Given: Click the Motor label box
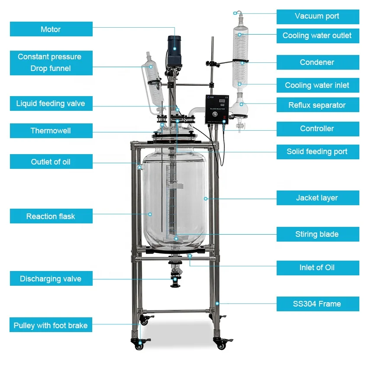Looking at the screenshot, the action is coord(51,29).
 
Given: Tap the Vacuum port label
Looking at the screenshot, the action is coord(318,16).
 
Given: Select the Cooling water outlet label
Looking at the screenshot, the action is coord(318,36).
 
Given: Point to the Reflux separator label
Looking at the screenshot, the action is coord(318,105).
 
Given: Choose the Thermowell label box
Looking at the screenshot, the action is coord(51,131).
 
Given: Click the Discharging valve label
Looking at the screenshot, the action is coord(51,278).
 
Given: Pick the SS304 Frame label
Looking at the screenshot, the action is coord(318,304).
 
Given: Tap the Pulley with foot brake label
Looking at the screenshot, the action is coord(51,325).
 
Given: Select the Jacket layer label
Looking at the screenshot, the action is coord(318,198).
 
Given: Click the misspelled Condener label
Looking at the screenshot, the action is coord(318,62).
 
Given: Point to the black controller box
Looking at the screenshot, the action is coord(217,110).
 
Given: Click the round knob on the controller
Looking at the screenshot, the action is coord(214,114).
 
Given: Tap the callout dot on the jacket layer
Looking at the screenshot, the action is coord(206,199).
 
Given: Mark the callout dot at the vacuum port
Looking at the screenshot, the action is coord(235,13).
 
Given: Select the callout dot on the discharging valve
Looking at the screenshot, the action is coord(175,280).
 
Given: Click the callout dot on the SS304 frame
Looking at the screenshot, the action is coord(217,303).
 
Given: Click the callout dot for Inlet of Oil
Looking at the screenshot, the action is coord(190,256).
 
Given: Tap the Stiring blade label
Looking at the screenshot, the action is coord(318,234).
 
